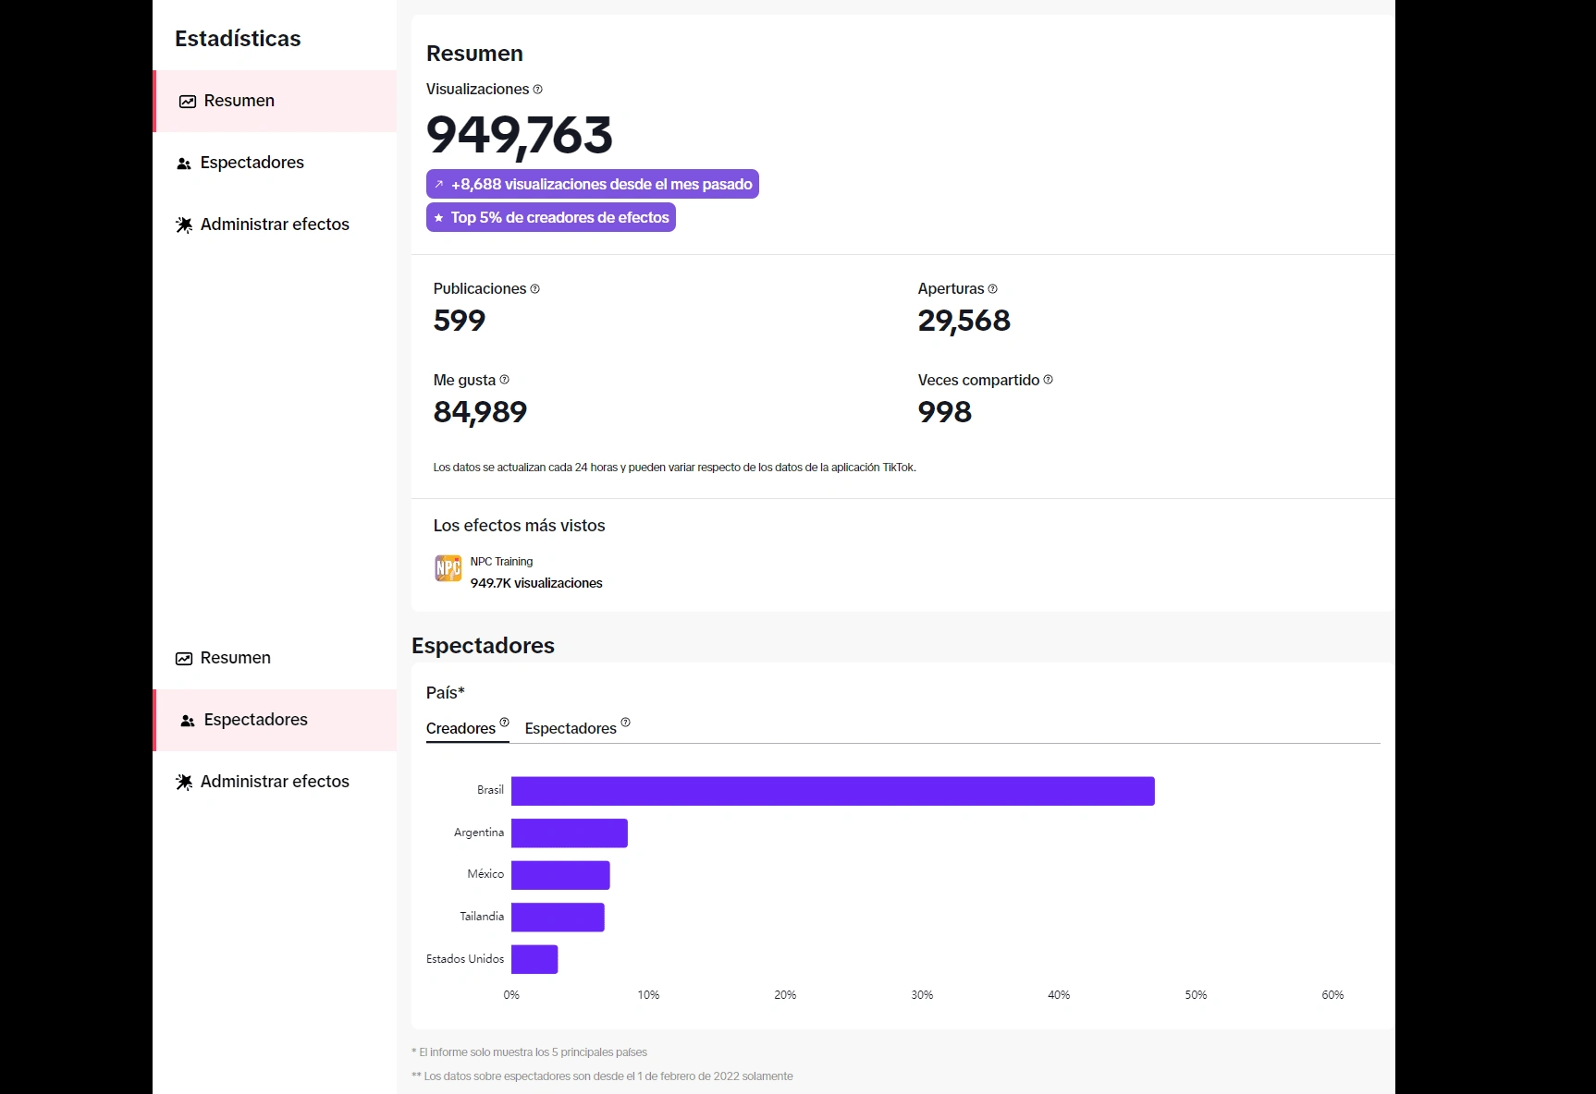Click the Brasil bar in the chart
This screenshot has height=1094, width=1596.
[832, 791]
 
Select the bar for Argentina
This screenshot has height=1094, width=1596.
[569, 833]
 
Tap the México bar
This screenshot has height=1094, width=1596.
[560, 875]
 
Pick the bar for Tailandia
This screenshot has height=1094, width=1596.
[558, 917]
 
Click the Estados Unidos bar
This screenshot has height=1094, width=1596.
[534, 959]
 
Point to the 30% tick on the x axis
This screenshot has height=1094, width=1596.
[922, 995]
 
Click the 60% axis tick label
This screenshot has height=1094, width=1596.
[1332, 995]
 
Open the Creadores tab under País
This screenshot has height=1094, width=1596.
[461, 728]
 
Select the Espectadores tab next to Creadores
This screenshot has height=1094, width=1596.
[571, 728]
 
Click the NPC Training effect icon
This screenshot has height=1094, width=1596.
[448, 568]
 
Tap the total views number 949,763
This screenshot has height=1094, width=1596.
[520, 135]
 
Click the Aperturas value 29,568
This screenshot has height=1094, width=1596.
[964, 321]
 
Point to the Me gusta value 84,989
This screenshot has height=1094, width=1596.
[480, 412]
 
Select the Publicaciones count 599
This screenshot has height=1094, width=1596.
[460, 321]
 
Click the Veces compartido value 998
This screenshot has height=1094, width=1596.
[944, 412]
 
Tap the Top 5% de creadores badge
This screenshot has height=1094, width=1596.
[551, 217]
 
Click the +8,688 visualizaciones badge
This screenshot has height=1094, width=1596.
[593, 184]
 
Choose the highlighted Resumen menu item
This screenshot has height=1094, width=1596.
[239, 101]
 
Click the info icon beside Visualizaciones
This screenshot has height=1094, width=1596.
[538, 90]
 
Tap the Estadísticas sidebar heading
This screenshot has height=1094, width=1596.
[238, 39]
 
